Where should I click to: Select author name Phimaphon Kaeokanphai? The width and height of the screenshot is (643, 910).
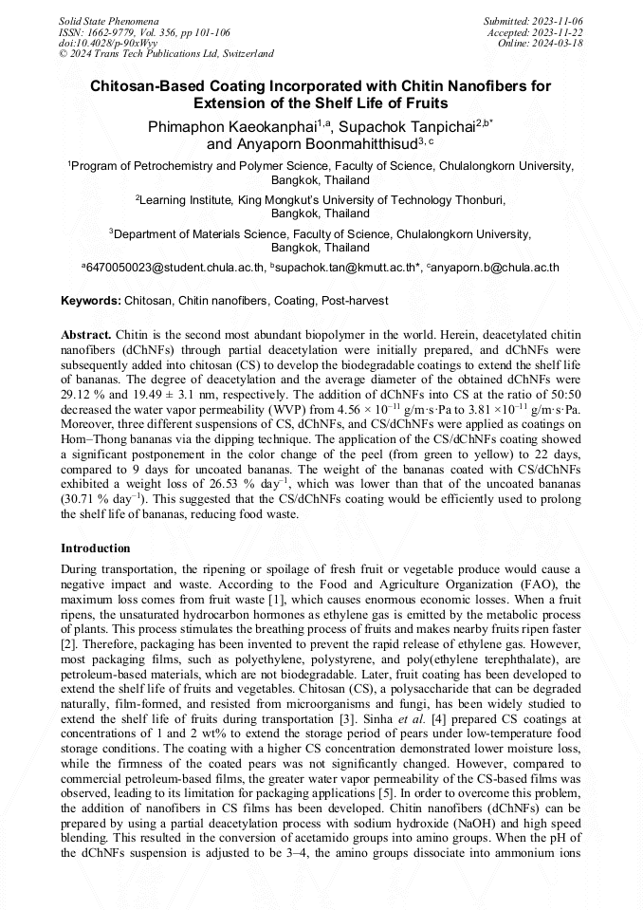pos(231,126)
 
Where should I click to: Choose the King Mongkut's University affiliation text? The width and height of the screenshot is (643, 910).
pos(322,200)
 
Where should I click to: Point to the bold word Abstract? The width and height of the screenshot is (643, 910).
pos(86,336)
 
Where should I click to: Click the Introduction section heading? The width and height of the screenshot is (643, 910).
pos(96,548)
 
